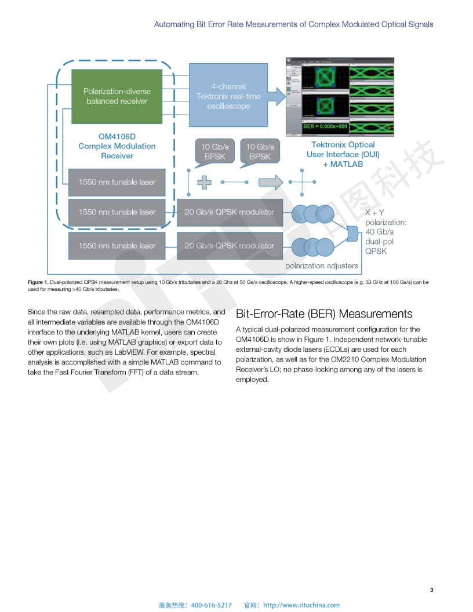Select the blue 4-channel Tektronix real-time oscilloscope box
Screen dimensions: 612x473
coord(228,96)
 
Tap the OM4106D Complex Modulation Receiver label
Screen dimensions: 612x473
coord(117,146)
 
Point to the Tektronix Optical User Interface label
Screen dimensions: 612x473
coord(343,154)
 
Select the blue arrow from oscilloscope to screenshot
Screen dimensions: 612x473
coord(278,96)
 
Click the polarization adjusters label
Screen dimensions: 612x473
coord(321,266)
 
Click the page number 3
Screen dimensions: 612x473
coord(431,590)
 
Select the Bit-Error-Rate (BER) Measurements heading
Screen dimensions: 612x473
coord(324,314)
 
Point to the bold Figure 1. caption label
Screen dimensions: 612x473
coord(38,282)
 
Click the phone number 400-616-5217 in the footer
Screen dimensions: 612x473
coord(211,605)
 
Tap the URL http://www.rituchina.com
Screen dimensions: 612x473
coord(301,605)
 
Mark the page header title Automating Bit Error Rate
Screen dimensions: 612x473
coord(293,24)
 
